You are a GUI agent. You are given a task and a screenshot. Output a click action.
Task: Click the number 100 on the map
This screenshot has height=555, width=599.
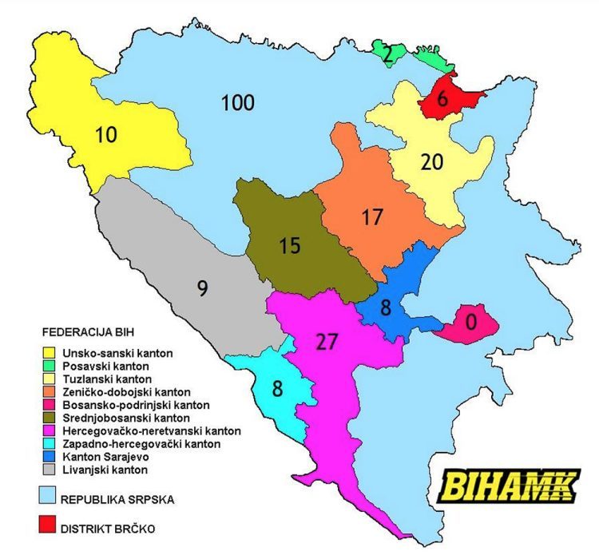click(x=237, y=102)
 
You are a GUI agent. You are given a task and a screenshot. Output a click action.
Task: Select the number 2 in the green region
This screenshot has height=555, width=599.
click(x=387, y=54)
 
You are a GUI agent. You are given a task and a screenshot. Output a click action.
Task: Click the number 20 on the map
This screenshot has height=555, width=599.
click(x=431, y=161)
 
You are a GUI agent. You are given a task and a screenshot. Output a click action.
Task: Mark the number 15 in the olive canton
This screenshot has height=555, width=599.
click(x=290, y=245)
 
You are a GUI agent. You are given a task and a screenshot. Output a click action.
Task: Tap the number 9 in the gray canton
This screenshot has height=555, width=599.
click(x=203, y=287)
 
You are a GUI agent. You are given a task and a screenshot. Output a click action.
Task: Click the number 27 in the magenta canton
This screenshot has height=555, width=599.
click(x=327, y=341)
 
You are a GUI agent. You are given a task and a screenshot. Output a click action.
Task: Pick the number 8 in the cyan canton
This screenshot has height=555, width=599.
click(x=277, y=390)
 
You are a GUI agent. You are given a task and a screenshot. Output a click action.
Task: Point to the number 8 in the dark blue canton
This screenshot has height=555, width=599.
click(x=386, y=308)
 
